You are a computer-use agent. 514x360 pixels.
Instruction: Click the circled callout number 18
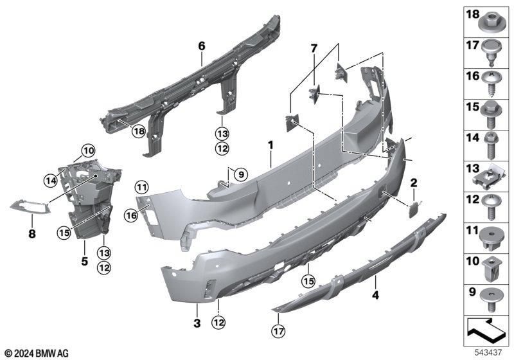click(x=138, y=132)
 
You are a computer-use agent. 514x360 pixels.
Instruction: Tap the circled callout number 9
click(x=241, y=174)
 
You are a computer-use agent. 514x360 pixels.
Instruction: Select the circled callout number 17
click(x=278, y=332)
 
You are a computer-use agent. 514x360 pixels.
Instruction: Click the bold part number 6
click(x=202, y=46)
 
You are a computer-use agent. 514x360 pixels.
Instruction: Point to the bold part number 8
click(x=32, y=234)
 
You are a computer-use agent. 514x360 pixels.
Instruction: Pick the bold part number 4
click(x=375, y=295)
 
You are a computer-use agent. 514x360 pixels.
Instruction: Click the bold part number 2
click(x=414, y=183)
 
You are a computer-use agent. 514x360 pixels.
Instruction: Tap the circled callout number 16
click(x=131, y=215)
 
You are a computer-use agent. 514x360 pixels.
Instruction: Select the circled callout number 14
click(x=51, y=180)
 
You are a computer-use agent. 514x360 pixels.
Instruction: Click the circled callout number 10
click(x=88, y=151)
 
